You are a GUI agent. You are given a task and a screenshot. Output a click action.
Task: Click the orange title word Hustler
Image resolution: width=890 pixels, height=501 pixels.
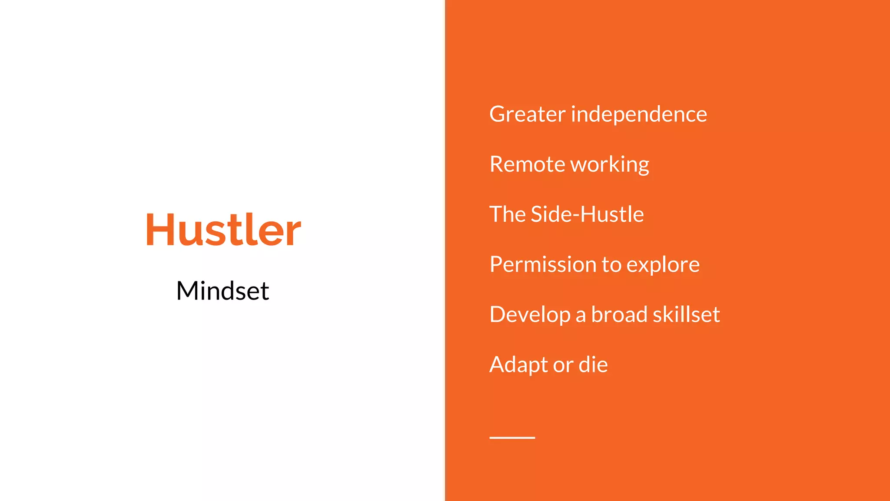click(x=223, y=230)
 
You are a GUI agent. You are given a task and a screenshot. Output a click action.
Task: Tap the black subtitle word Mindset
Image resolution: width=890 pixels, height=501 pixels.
click(x=222, y=291)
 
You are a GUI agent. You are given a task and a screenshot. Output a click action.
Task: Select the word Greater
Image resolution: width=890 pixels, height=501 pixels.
click(x=527, y=114)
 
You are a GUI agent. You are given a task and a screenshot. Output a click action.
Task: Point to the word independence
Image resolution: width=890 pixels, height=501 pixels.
click(x=639, y=114)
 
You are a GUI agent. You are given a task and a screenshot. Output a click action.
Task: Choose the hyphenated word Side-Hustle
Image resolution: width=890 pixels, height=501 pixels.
click(x=587, y=214)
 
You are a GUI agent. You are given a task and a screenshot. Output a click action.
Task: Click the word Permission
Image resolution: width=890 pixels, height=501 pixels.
click(x=543, y=264)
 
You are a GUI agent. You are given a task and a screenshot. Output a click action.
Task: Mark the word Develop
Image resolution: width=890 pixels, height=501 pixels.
click(x=530, y=315)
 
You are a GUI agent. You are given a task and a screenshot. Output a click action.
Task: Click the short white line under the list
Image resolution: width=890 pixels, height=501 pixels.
click(x=512, y=438)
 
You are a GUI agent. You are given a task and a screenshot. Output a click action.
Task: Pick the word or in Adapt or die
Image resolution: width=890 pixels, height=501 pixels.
click(x=563, y=365)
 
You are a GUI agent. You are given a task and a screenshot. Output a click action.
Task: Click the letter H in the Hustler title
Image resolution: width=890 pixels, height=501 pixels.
click(x=159, y=230)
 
